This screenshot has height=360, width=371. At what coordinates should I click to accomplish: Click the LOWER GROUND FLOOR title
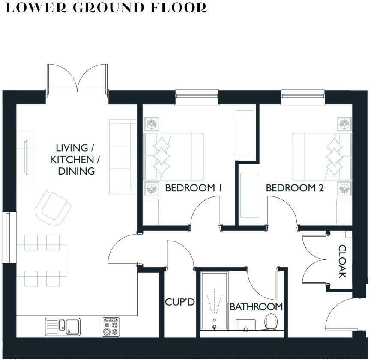click(x=106, y=8)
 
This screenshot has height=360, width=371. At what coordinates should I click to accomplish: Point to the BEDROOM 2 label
click(x=295, y=188)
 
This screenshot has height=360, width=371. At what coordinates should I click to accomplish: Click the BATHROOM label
click(x=256, y=307)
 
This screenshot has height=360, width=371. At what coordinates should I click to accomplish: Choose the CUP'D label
click(x=180, y=302)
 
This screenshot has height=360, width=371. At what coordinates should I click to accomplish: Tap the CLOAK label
click(x=342, y=261)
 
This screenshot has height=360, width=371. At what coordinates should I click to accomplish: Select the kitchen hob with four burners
click(x=111, y=327)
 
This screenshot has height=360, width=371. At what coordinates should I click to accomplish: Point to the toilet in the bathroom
click(x=271, y=322)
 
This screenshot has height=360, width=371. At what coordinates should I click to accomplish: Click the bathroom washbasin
click(x=245, y=325)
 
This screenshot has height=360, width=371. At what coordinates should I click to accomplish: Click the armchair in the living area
click(x=53, y=208)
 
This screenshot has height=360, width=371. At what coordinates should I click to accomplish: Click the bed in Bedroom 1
click(x=174, y=156)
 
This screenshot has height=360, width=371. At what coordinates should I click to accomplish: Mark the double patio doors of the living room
click(x=77, y=78)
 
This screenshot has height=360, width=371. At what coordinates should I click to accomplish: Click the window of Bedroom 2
click(x=303, y=97)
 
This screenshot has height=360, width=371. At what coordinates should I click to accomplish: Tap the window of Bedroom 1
click(x=197, y=97)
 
